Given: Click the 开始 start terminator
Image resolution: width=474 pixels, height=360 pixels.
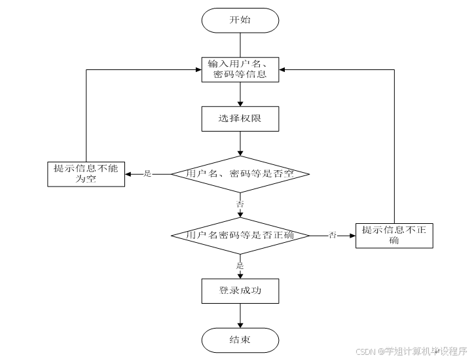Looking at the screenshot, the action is [x=240, y=20].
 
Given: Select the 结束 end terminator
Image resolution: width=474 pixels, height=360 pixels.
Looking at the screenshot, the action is [x=240, y=340].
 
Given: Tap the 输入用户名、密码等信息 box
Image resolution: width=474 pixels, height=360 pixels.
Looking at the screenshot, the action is [x=240, y=69].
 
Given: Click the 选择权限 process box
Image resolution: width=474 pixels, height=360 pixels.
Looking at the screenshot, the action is [x=240, y=118].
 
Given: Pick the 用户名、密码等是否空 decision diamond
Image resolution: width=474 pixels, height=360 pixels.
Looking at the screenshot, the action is [x=240, y=174].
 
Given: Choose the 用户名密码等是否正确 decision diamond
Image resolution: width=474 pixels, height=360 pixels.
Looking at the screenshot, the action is [x=240, y=236].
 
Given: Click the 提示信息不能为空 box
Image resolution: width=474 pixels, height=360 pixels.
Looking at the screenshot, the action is [x=86, y=174].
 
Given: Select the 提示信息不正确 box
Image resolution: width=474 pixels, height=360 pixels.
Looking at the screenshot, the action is [x=394, y=236].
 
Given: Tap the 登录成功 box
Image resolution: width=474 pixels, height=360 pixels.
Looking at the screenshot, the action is [x=240, y=291].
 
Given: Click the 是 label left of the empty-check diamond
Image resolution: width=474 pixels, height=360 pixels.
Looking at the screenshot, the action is [x=147, y=174].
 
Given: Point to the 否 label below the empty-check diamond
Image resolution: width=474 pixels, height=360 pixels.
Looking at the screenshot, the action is [x=240, y=204].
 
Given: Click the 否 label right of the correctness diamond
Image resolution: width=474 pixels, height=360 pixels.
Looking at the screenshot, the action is [x=333, y=235].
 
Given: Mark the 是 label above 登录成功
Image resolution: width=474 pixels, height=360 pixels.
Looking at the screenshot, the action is [x=240, y=266].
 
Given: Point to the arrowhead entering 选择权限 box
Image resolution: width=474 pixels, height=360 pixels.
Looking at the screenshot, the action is [x=240, y=103].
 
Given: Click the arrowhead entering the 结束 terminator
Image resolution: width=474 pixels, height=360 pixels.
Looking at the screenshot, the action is [x=240, y=325].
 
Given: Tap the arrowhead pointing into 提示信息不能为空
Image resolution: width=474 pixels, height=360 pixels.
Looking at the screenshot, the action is [x=128, y=174].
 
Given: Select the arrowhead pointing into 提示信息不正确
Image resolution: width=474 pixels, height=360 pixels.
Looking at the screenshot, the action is [x=353, y=236].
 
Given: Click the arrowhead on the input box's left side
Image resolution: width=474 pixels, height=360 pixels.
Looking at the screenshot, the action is [x=199, y=70].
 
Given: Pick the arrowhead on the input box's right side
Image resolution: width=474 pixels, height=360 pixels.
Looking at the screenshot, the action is [x=282, y=70].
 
